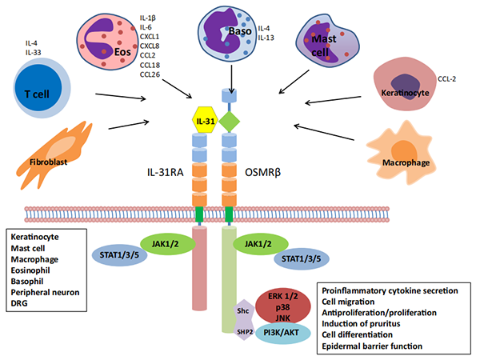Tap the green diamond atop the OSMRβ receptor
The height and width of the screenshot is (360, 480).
tap(230, 122)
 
